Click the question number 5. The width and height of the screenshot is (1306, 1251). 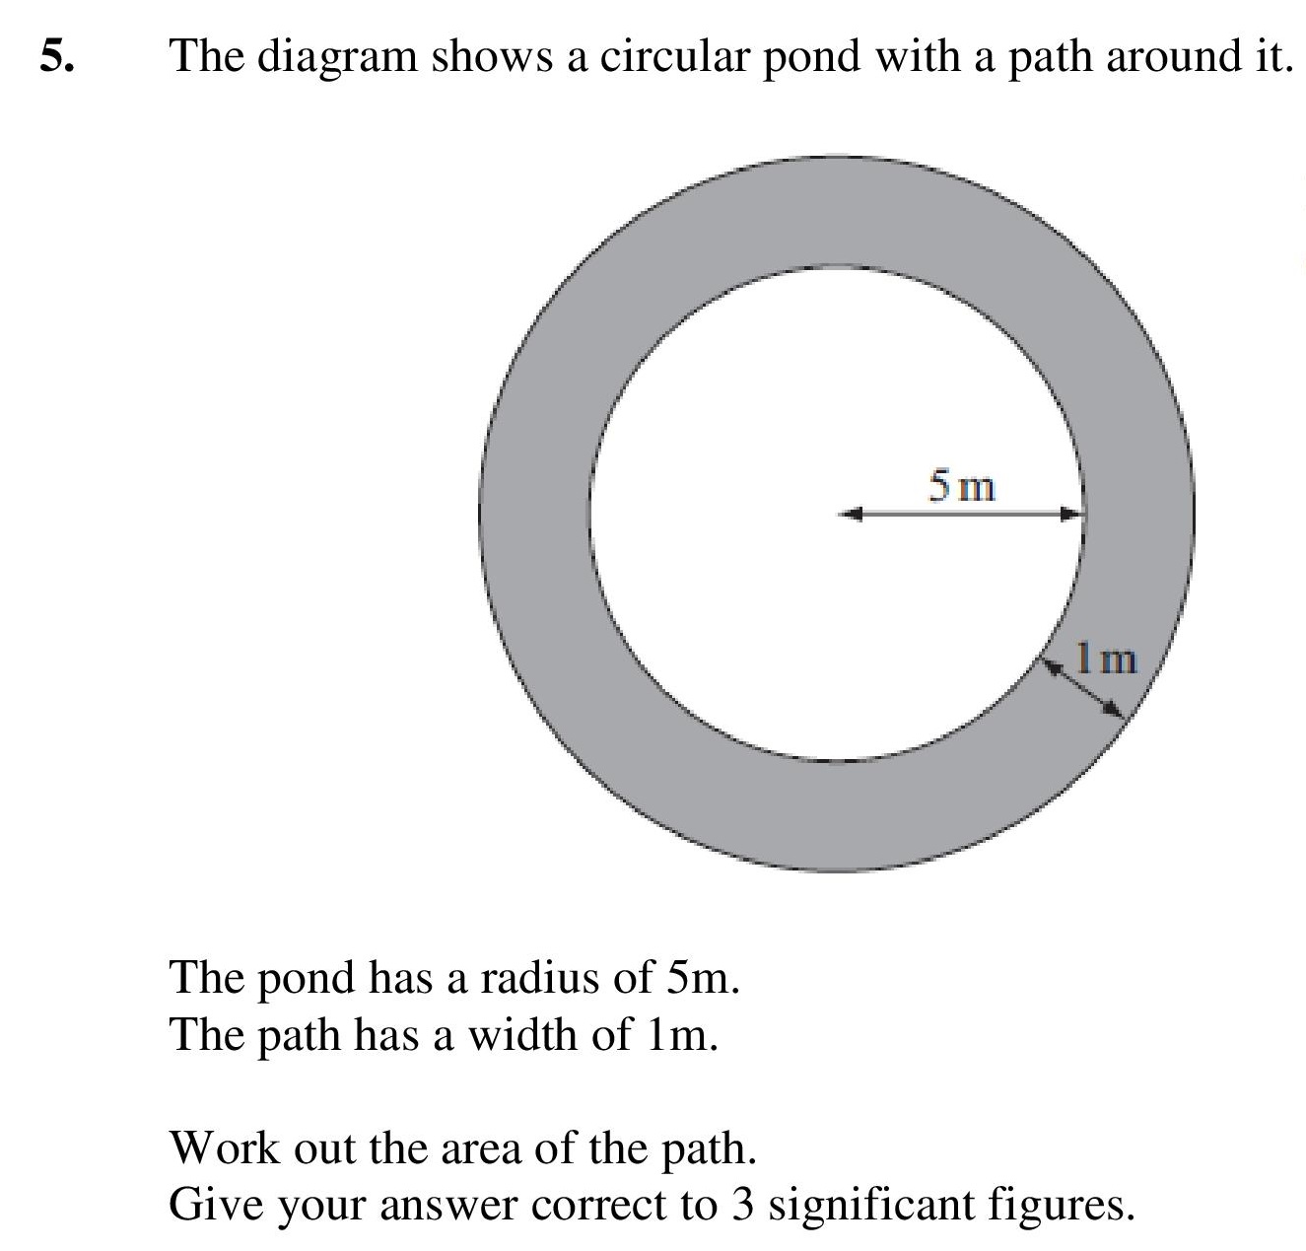(57, 55)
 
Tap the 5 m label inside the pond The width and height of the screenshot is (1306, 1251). (962, 486)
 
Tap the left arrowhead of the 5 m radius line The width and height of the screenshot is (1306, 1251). (851, 515)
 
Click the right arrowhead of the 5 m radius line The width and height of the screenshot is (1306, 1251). (1071, 515)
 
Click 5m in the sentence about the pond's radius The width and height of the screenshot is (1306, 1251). (702, 978)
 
